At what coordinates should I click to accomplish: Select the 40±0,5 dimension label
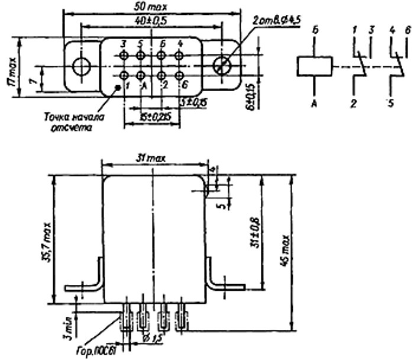pos(150,20)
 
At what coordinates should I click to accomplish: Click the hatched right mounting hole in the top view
pos(224,65)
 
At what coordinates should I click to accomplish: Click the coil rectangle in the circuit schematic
pos(313,65)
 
